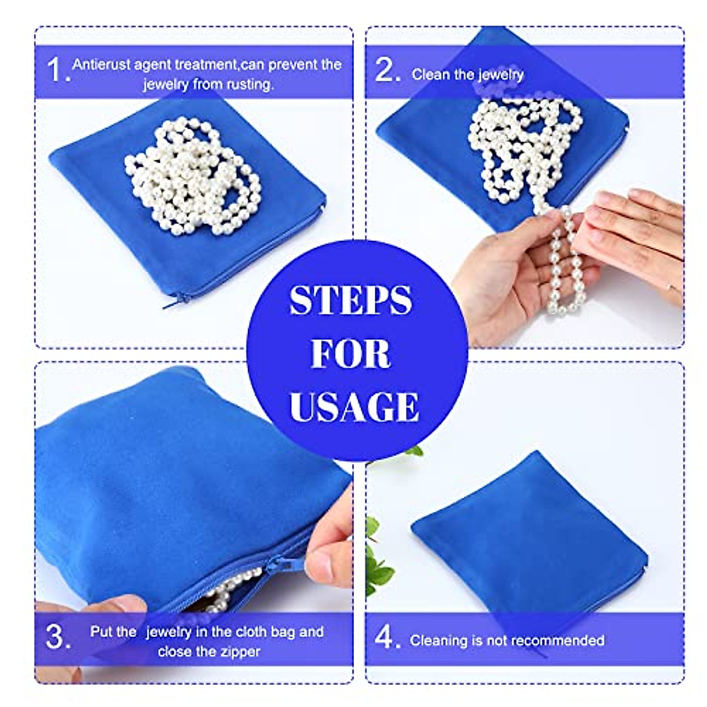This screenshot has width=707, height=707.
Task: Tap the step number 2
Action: [x=387, y=71]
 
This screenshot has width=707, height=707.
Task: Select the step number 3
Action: [x=57, y=637]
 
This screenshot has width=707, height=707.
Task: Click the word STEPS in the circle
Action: [x=351, y=300]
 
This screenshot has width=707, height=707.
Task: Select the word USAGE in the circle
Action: [x=354, y=406]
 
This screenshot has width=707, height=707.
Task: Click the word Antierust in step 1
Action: [x=101, y=64]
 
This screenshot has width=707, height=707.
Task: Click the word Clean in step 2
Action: [x=428, y=74]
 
